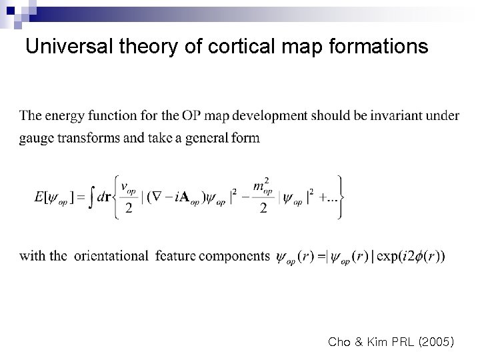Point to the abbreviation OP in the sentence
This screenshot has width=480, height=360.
point(191,115)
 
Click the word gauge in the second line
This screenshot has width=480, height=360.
point(36,139)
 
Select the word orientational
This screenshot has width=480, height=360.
point(111,255)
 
